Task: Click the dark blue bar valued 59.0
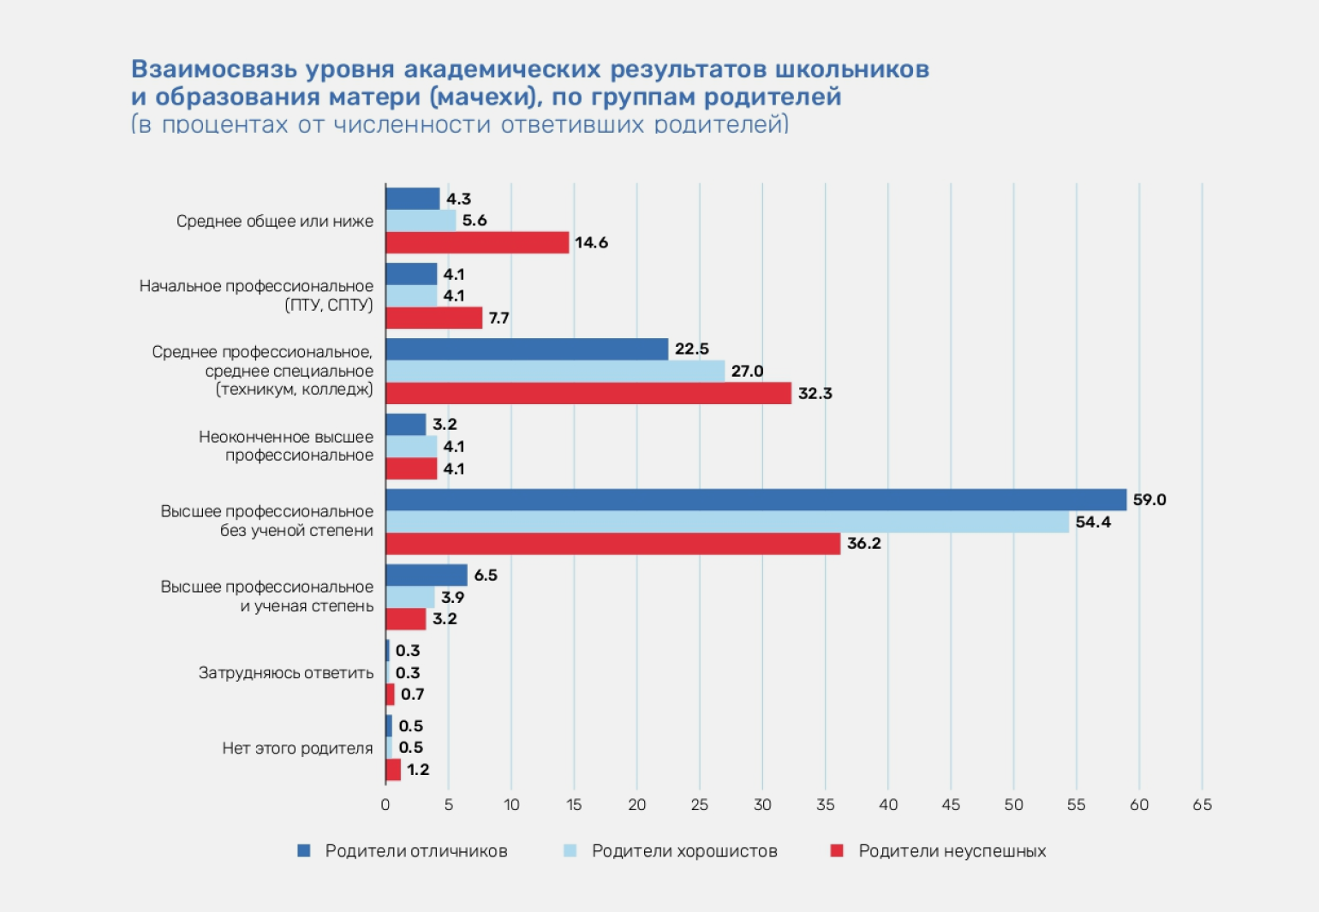point(755,500)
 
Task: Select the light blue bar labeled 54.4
point(727,522)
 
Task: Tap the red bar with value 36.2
point(612,544)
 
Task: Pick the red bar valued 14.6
point(477,242)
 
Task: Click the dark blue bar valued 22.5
point(527,349)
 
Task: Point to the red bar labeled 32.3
point(588,393)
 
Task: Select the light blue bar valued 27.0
point(555,371)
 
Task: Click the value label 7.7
point(498,319)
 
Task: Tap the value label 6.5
point(486,575)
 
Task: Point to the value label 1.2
point(418,770)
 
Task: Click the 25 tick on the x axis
point(700,805)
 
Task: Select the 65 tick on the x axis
point(1202,805)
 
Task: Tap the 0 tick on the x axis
point(385,805)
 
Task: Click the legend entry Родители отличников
point(416,851)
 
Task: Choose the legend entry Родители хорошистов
point(684,851)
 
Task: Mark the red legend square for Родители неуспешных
point(837,851)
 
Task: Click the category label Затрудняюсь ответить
point(286,673)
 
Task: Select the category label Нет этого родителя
point(297,748)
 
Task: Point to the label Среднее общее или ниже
point(275,221)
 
